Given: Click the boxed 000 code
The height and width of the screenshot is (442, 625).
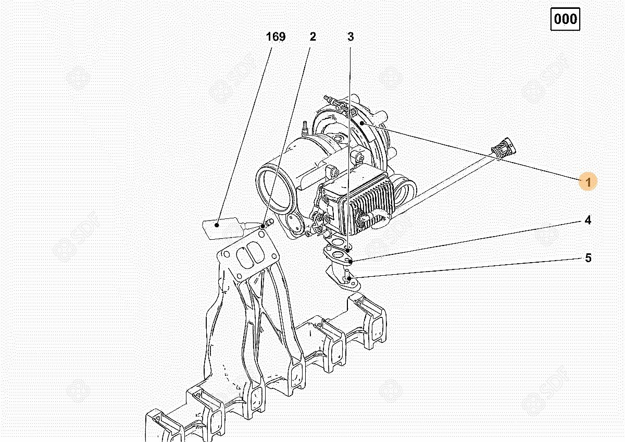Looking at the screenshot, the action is (565, 19).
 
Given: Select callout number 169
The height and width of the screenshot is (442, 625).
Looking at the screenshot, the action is (276, 37).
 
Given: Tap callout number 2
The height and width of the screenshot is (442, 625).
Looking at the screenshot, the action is (313, 37).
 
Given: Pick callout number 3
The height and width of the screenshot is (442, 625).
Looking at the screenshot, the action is (351, 37).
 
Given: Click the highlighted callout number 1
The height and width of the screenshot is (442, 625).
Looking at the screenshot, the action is (588, 182).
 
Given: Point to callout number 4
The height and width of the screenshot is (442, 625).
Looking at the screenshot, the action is (587, 220).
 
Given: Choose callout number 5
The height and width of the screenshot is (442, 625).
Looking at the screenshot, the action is (588, 257).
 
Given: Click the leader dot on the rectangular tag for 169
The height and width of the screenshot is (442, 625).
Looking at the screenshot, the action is (217, 225).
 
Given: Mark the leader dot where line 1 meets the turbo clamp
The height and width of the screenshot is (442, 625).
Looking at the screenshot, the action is (362, 123).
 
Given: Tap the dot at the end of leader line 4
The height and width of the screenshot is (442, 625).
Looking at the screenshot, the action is (351, 261).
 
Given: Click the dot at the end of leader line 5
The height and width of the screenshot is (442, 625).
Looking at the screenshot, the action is (349, 278).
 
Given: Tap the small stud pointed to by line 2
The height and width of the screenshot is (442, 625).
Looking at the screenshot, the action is (268, 223).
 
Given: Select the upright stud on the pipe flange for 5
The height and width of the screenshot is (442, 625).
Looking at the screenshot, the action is (348, 274).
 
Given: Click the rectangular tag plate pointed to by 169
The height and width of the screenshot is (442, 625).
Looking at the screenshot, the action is (220, 228).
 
